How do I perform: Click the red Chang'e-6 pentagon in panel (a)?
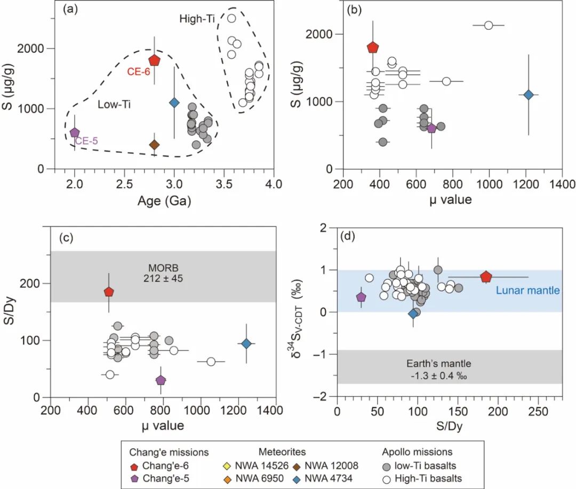click(x=154, y=60)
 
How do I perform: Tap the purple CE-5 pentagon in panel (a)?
click(x=75, y=132)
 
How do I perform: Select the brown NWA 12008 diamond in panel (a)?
click(x=155, y=145)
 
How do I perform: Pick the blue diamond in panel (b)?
click(x=529, y=94)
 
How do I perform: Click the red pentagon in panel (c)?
click(x=109, y=291)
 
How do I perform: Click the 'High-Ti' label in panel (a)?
click(x=197, y=19)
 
